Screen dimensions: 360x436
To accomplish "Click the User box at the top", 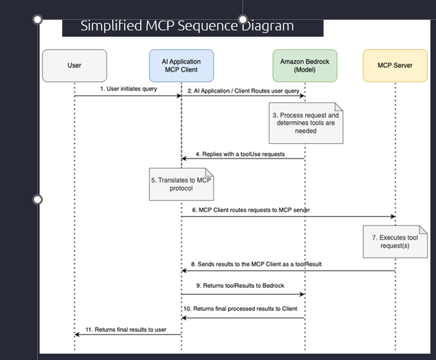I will (74, 66).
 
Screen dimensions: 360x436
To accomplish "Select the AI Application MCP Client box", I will (182, 66).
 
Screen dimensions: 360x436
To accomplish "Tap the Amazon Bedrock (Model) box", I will (305, 66).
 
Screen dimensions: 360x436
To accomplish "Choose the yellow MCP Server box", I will (395, 66).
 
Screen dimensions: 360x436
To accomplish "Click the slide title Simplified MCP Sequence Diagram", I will (187, 26).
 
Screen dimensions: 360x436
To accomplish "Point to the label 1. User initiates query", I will (129, 89).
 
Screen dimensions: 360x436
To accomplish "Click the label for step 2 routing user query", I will (242, 91).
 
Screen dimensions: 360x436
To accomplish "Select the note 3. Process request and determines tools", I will (306, 123).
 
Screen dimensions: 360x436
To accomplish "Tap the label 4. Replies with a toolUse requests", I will (240, 154).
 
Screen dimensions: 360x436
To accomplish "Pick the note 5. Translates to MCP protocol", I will (181, 184).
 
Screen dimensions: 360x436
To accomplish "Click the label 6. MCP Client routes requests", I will (251, 210).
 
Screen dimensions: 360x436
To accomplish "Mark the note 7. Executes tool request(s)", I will (395, 241).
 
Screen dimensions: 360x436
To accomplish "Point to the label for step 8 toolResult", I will (256, 264).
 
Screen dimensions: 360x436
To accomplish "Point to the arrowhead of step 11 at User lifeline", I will (78, 335).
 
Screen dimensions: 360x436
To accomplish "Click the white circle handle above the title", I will (242, 19).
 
